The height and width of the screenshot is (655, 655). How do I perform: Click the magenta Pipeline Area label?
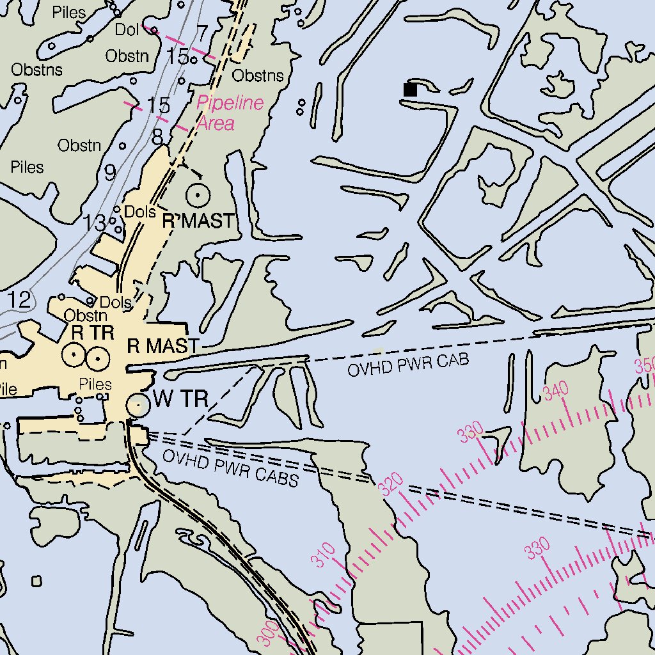pyautogui.click(x=229, y=113)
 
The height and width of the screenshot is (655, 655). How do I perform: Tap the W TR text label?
pyautogui.click(x=181, y=400)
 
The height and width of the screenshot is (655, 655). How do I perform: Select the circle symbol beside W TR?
pyautogui.click(x=138, y=404)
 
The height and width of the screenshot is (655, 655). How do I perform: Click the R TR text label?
pyautogui.click(x=93, y=333)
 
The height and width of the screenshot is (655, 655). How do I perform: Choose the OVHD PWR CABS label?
pyautogui.click(x=230, y=468)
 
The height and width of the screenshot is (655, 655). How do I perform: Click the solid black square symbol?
pyautogui.click(x=410, y=90)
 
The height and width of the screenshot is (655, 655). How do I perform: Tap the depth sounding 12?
pyautogui.click(x=19, y=299)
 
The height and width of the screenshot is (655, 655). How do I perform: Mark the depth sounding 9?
pyautogui.click(x=110, y=173)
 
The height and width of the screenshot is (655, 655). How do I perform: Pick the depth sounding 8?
pyautogui.click(x=157, y=136)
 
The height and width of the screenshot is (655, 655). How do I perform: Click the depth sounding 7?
pyautogui.click(x=203, y=33)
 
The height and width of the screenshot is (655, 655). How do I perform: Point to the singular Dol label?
pyautogui.click(x=127, y=29)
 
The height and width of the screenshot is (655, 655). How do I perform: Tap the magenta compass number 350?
pyautogui.click(x=645, y=366)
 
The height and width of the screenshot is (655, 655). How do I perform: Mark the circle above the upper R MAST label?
pyautogui.click(x=198, y=194)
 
